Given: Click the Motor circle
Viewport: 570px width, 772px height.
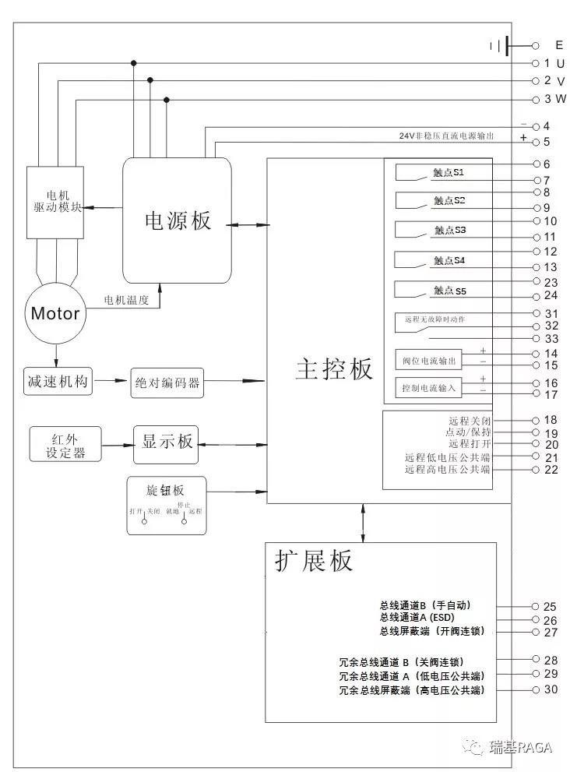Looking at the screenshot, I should click(x=55, y=313).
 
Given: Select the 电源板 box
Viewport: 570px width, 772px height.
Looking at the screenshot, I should click(x=178, y=220).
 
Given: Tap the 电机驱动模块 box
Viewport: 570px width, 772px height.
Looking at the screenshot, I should click(x=55, y=202).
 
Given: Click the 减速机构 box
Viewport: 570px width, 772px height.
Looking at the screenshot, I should click(x=58, y=382).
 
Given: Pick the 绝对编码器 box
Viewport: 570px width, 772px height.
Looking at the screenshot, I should click(x=167, y=383).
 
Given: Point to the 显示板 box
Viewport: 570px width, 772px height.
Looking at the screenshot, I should click(x=167, y=442).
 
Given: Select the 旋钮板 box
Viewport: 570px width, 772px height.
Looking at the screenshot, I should click(x=167, y=506).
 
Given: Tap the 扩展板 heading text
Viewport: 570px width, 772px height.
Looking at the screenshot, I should click(x=313, y=561).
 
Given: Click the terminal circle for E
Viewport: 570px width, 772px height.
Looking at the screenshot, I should click(x=535, y=46).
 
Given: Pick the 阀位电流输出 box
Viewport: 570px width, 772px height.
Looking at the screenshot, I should click(x=429, y=361).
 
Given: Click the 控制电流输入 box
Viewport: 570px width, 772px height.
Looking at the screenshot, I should click(x=429, y=388).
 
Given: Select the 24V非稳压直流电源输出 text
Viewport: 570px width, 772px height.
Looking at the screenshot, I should click(x=446, y=136).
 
